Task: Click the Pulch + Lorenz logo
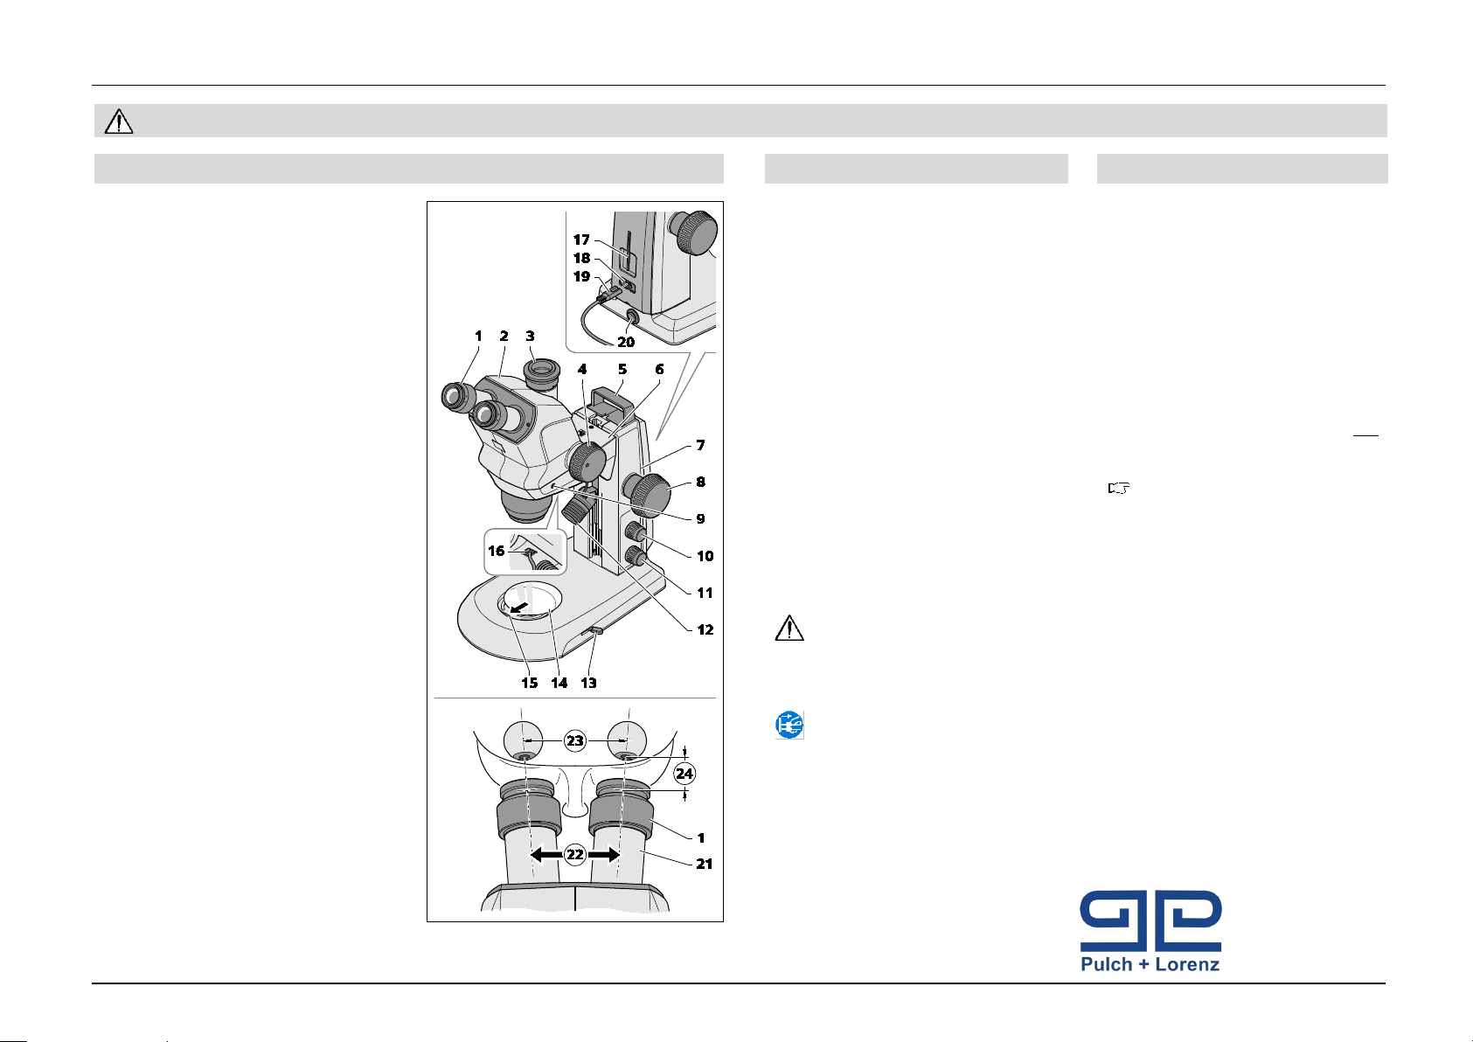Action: tap(1150, 931)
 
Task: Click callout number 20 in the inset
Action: tap(625, 342)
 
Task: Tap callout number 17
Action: tap(581, 240)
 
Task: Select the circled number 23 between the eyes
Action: tap(574, 741)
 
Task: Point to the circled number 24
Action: tap(684, 773)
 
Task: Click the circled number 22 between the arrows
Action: tap(574, 854)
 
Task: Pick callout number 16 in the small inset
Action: tap(496, 551)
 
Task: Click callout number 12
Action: tap(705, 629)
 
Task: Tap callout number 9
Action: tap(700, 519)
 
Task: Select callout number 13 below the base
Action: tap(588, 683)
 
